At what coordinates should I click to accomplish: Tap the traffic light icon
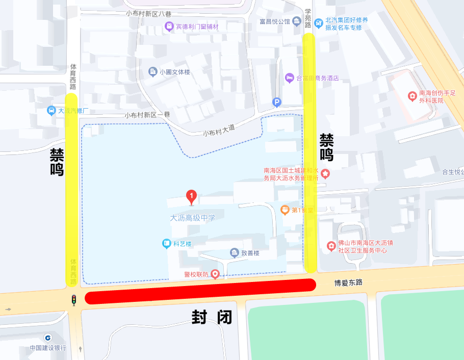pos(74,300)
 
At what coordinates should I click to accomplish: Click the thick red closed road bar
pos(200,291)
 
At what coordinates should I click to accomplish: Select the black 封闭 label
pos(212,317)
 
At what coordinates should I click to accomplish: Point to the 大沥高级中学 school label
pos(193,218)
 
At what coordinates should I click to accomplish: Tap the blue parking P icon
pos(277,102)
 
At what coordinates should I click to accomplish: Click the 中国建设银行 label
pos(48,348)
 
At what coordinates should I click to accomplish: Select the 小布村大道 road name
pos(219,130)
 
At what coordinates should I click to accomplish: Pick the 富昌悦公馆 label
pos(274,21)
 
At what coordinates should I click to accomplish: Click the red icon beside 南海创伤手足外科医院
pos(412,95)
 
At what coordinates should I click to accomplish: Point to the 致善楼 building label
pos(250,253)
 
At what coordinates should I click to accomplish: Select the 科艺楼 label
pos(182,244)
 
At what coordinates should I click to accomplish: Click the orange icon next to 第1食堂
pos(285,210)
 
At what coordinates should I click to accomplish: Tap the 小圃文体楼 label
pos(174,72)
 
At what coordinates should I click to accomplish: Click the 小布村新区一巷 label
pos(147,115)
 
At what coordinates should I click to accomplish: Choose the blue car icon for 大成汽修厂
pos(51,110)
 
